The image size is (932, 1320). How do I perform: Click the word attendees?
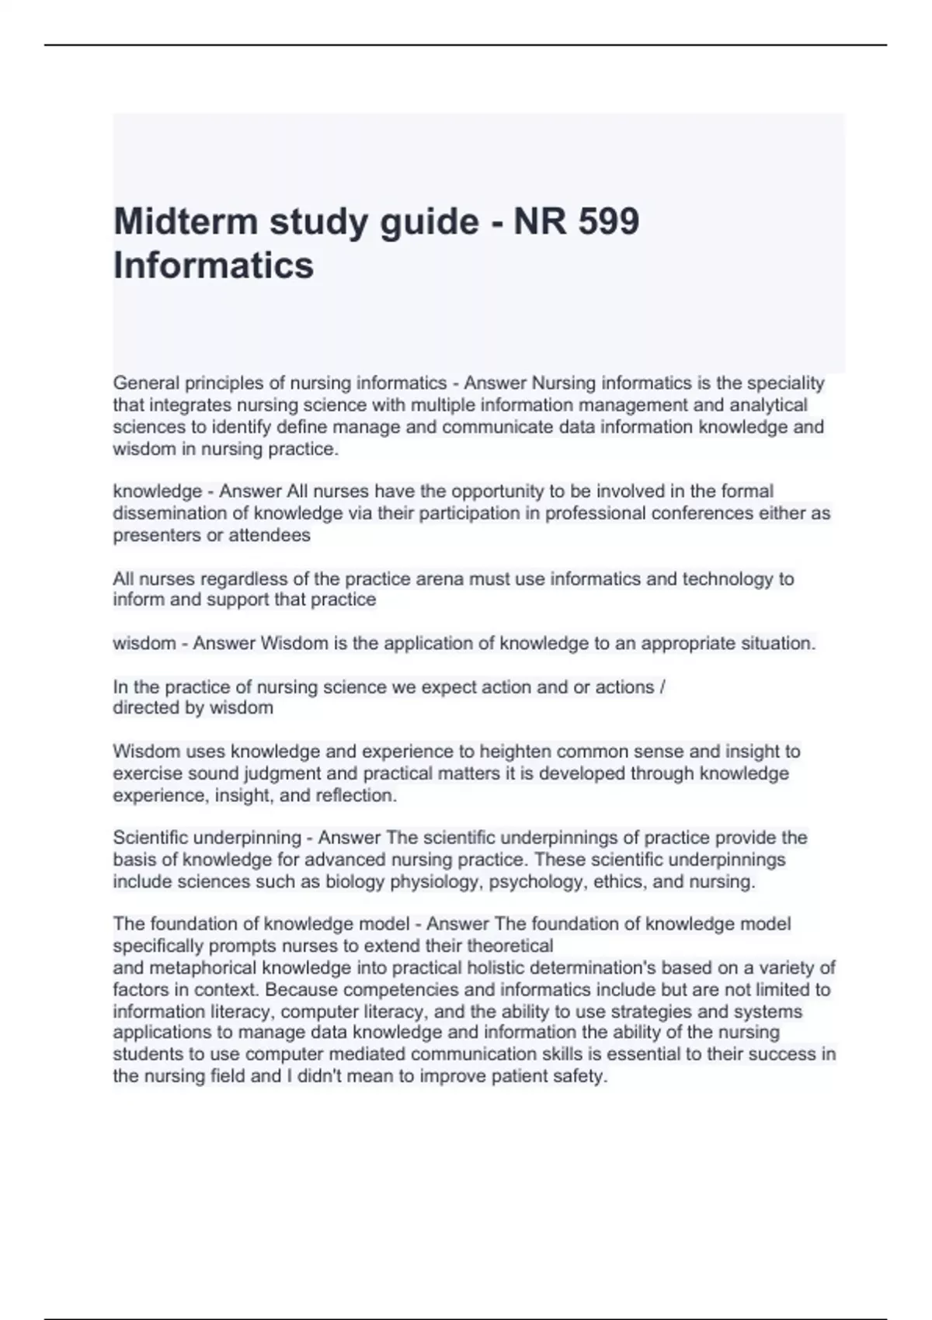[270, 535]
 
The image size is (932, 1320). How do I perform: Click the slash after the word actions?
[662, 687]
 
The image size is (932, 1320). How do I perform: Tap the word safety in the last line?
[581, 1076]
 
